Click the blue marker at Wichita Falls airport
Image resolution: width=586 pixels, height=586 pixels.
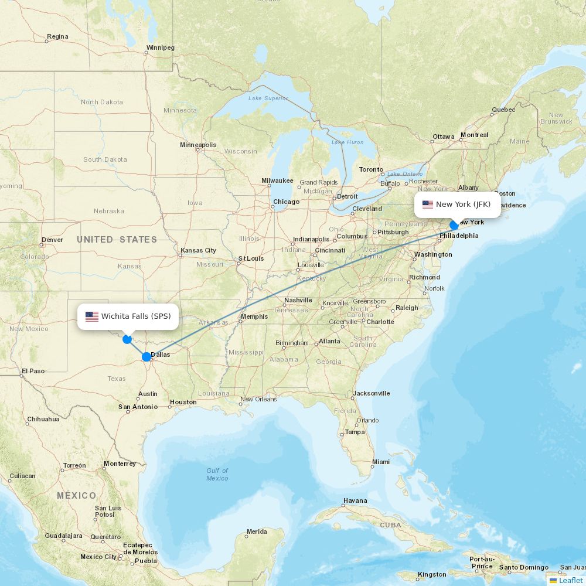click(x=127, y=339)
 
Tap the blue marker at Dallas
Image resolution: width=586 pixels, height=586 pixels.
click(x=146, y=357)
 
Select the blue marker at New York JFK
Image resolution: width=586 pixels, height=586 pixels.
click(x=454, y=225)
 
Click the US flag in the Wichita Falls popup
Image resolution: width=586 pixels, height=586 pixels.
click(x=92, y=316)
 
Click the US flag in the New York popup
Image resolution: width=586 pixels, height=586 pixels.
click(x=427, y=205)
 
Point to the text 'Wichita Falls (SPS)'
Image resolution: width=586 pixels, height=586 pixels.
click(x=136, y=316)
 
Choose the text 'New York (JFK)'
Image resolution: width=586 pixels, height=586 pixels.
click(x=463, y=205)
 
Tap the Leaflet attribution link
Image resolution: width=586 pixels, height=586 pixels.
click(x=570, y=580)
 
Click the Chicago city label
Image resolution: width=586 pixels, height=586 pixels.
click(x=286, y=202)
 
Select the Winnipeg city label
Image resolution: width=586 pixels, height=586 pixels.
click(x=161, y=47)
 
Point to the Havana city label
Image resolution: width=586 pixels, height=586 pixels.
click(x=355, y=500)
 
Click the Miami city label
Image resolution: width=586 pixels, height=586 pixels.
click(x=380, y=462)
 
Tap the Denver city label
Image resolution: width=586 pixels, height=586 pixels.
click(x=52, y=240)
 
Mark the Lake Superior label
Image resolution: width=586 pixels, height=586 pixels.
click(x=268, y=98)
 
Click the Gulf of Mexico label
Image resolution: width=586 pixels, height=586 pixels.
click(x=217, y=475)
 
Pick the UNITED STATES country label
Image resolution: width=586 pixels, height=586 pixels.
click(x=117, y=239)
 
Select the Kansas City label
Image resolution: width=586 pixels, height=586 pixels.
click(x=199, y=250)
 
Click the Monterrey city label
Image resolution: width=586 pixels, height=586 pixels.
click(x=120, y=464)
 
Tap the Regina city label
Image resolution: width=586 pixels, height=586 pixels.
click(x=57, y=36)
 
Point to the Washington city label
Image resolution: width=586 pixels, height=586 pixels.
click(x=433, y=254)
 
